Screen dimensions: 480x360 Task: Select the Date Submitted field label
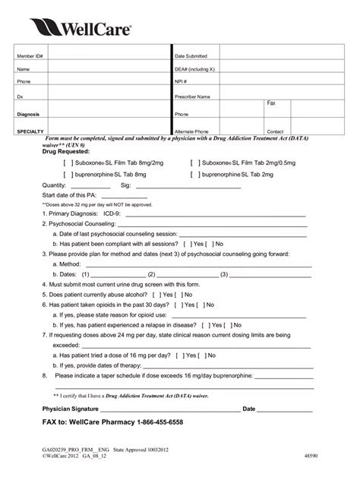(191, 56)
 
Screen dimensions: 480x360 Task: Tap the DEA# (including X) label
(195, 68)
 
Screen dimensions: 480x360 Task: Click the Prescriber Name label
(194, 97)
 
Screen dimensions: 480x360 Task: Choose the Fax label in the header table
(271, 103)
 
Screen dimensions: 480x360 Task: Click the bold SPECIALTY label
(33, 131)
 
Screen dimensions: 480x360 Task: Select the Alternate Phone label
(193, 131)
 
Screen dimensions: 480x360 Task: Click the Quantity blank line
(90, 185)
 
